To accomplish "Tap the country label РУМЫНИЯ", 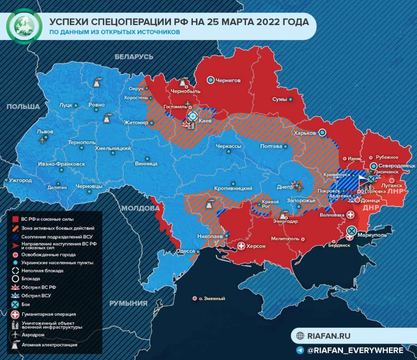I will point(128,303).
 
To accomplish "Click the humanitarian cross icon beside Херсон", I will point(241,246).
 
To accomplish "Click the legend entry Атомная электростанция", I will point(49,345).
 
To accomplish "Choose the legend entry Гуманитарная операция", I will point(48,314).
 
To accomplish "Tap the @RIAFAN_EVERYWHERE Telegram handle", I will point(354,350).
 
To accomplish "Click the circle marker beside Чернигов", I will point(211,80).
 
